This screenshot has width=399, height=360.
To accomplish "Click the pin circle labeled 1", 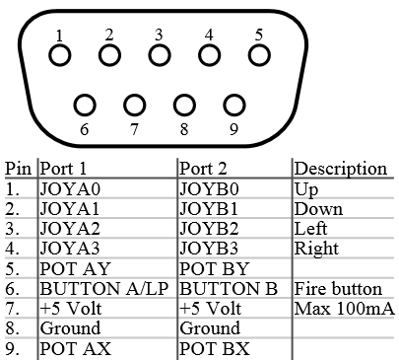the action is point(60,55).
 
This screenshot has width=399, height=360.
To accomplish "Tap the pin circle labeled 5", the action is point(258,55).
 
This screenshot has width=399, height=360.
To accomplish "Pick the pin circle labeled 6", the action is point(85,105).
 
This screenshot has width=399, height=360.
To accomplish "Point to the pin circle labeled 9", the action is point(233,105).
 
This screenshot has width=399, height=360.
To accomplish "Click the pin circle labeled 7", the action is point(134,105).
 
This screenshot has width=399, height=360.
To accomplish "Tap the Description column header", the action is point(341,169).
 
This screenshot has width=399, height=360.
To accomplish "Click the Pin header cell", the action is point(18,169).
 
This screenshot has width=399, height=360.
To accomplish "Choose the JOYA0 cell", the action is point(70,188).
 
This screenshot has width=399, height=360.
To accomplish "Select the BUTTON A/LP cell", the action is point(105,289).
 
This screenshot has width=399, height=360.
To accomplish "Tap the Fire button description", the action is point(338,289).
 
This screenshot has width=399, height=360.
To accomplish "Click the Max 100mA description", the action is point(344,309).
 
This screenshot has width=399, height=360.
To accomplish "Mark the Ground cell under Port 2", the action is point(209,328).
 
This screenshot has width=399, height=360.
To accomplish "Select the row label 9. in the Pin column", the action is point(13,349).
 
